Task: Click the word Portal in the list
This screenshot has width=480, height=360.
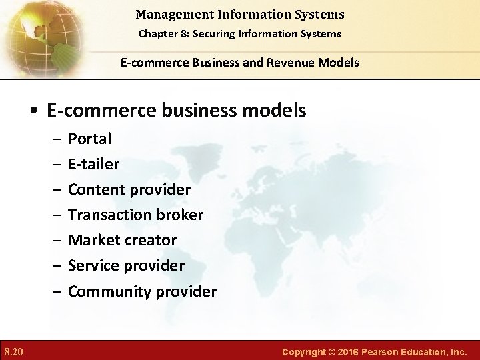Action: click(90, 139)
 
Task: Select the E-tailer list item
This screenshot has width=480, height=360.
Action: click(94, 164)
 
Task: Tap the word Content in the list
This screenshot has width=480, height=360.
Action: click(96, 189)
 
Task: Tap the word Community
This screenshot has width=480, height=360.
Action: click(108, 291)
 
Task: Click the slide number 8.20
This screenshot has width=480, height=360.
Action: click(13, 351)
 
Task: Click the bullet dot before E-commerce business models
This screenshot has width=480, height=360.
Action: click(33, 111)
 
